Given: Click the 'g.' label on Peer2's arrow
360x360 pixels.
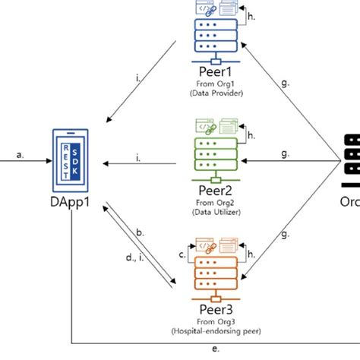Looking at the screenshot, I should click(x=285, y=153).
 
